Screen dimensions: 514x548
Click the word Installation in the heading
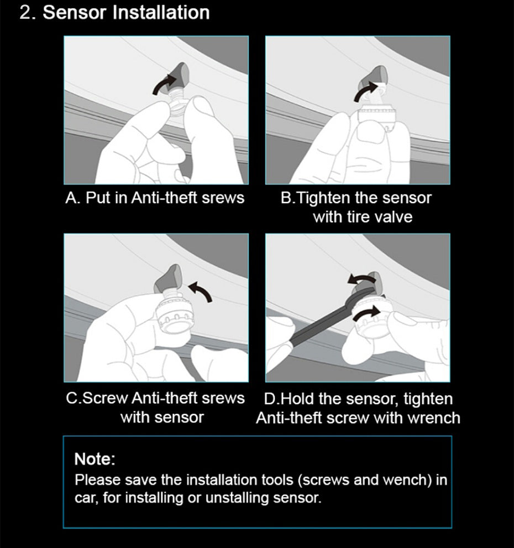(x=161, y=12)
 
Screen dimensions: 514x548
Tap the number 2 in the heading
(x=25, y=13)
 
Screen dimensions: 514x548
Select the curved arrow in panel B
(x=366, y=92)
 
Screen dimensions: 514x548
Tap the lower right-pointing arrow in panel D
(x=366, y=312)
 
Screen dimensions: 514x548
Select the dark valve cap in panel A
(x=178, y=76)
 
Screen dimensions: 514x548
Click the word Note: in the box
(x=95, y=459)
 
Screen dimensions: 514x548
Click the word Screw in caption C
(x=106, y=398)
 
